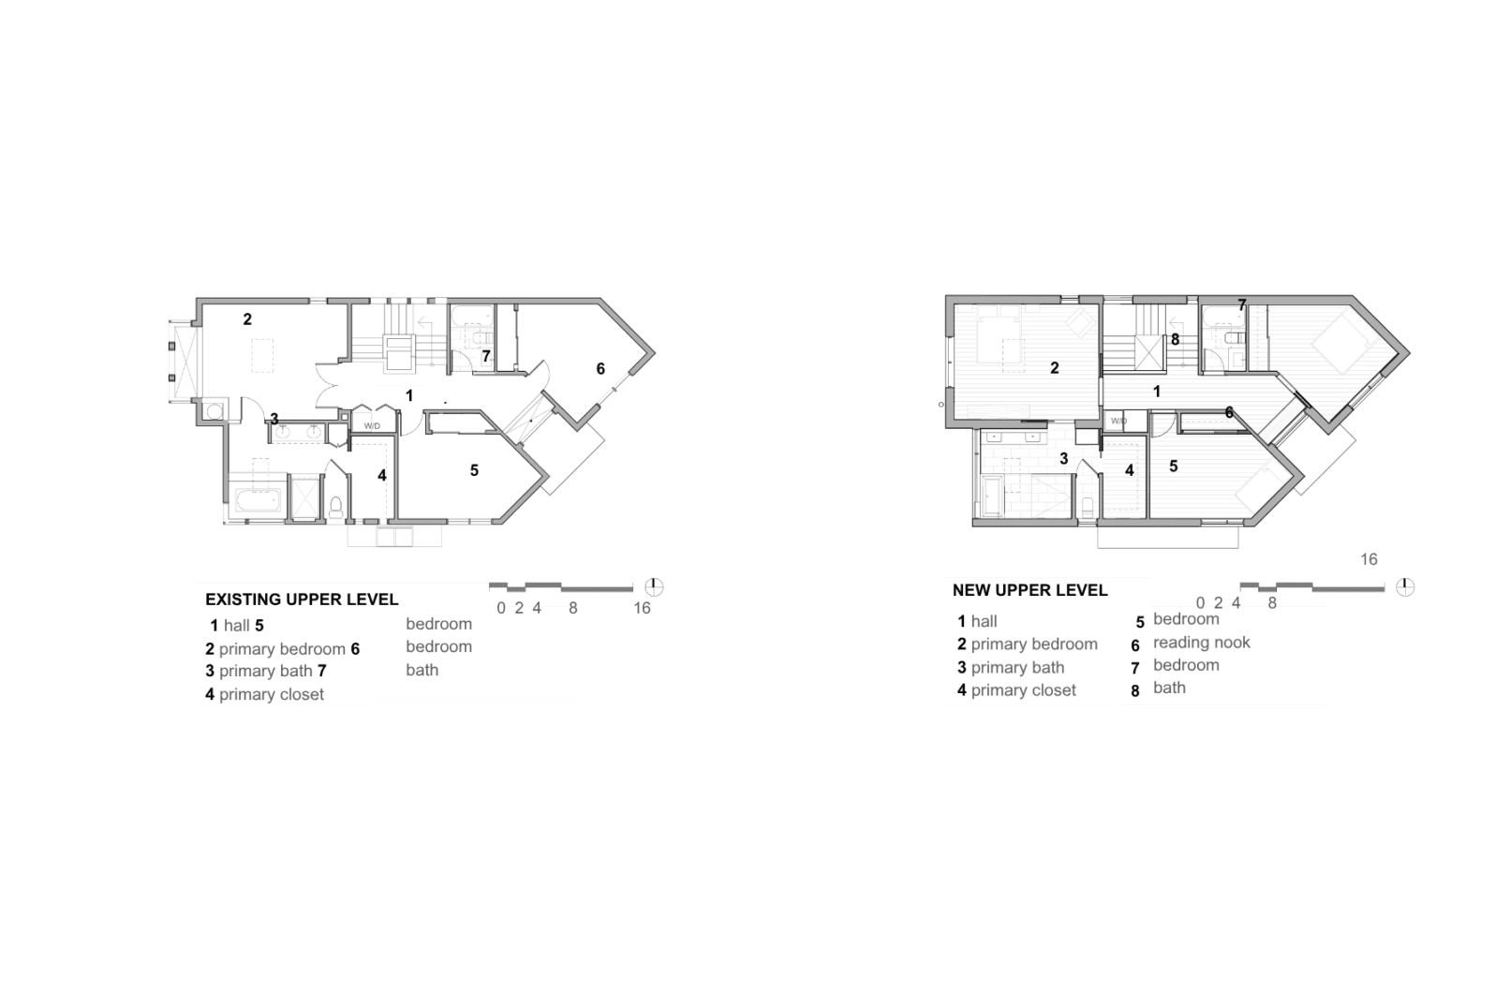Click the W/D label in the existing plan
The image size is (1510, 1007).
coord(372,426)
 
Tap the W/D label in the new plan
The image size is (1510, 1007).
coord(1118,421)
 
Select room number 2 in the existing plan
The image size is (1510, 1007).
coord(247,319)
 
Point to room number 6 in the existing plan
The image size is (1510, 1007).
coord(600,369)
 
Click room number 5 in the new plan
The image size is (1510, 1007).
coord(1174,466)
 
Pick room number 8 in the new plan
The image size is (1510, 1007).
coord(1175,340)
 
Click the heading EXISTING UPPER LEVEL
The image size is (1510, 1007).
coord(302,600)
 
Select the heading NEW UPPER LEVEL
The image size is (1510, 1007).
coord(1030,590)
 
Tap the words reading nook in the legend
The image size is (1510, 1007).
coord(1202,643)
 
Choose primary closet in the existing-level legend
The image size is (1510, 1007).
coord(272,694)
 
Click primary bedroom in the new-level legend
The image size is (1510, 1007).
coord(1035,644)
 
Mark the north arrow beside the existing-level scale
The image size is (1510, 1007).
coord(654,587)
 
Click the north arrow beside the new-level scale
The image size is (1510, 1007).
coord(1405,587)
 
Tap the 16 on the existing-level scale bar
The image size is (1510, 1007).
coord(642,608)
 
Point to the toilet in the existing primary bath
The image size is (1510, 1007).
coord(335,507)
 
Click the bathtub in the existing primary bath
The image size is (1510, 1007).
coord(258,501)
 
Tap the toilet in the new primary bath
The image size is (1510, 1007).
coord(1087,506)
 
